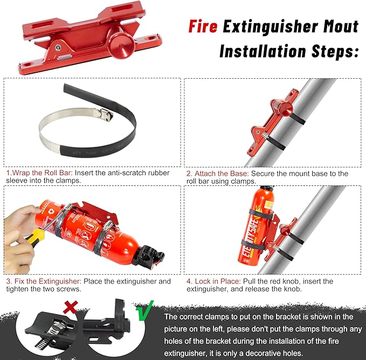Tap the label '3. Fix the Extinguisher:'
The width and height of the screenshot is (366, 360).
tap(43, 281)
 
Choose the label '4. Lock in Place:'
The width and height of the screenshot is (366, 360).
tap(219, 281)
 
